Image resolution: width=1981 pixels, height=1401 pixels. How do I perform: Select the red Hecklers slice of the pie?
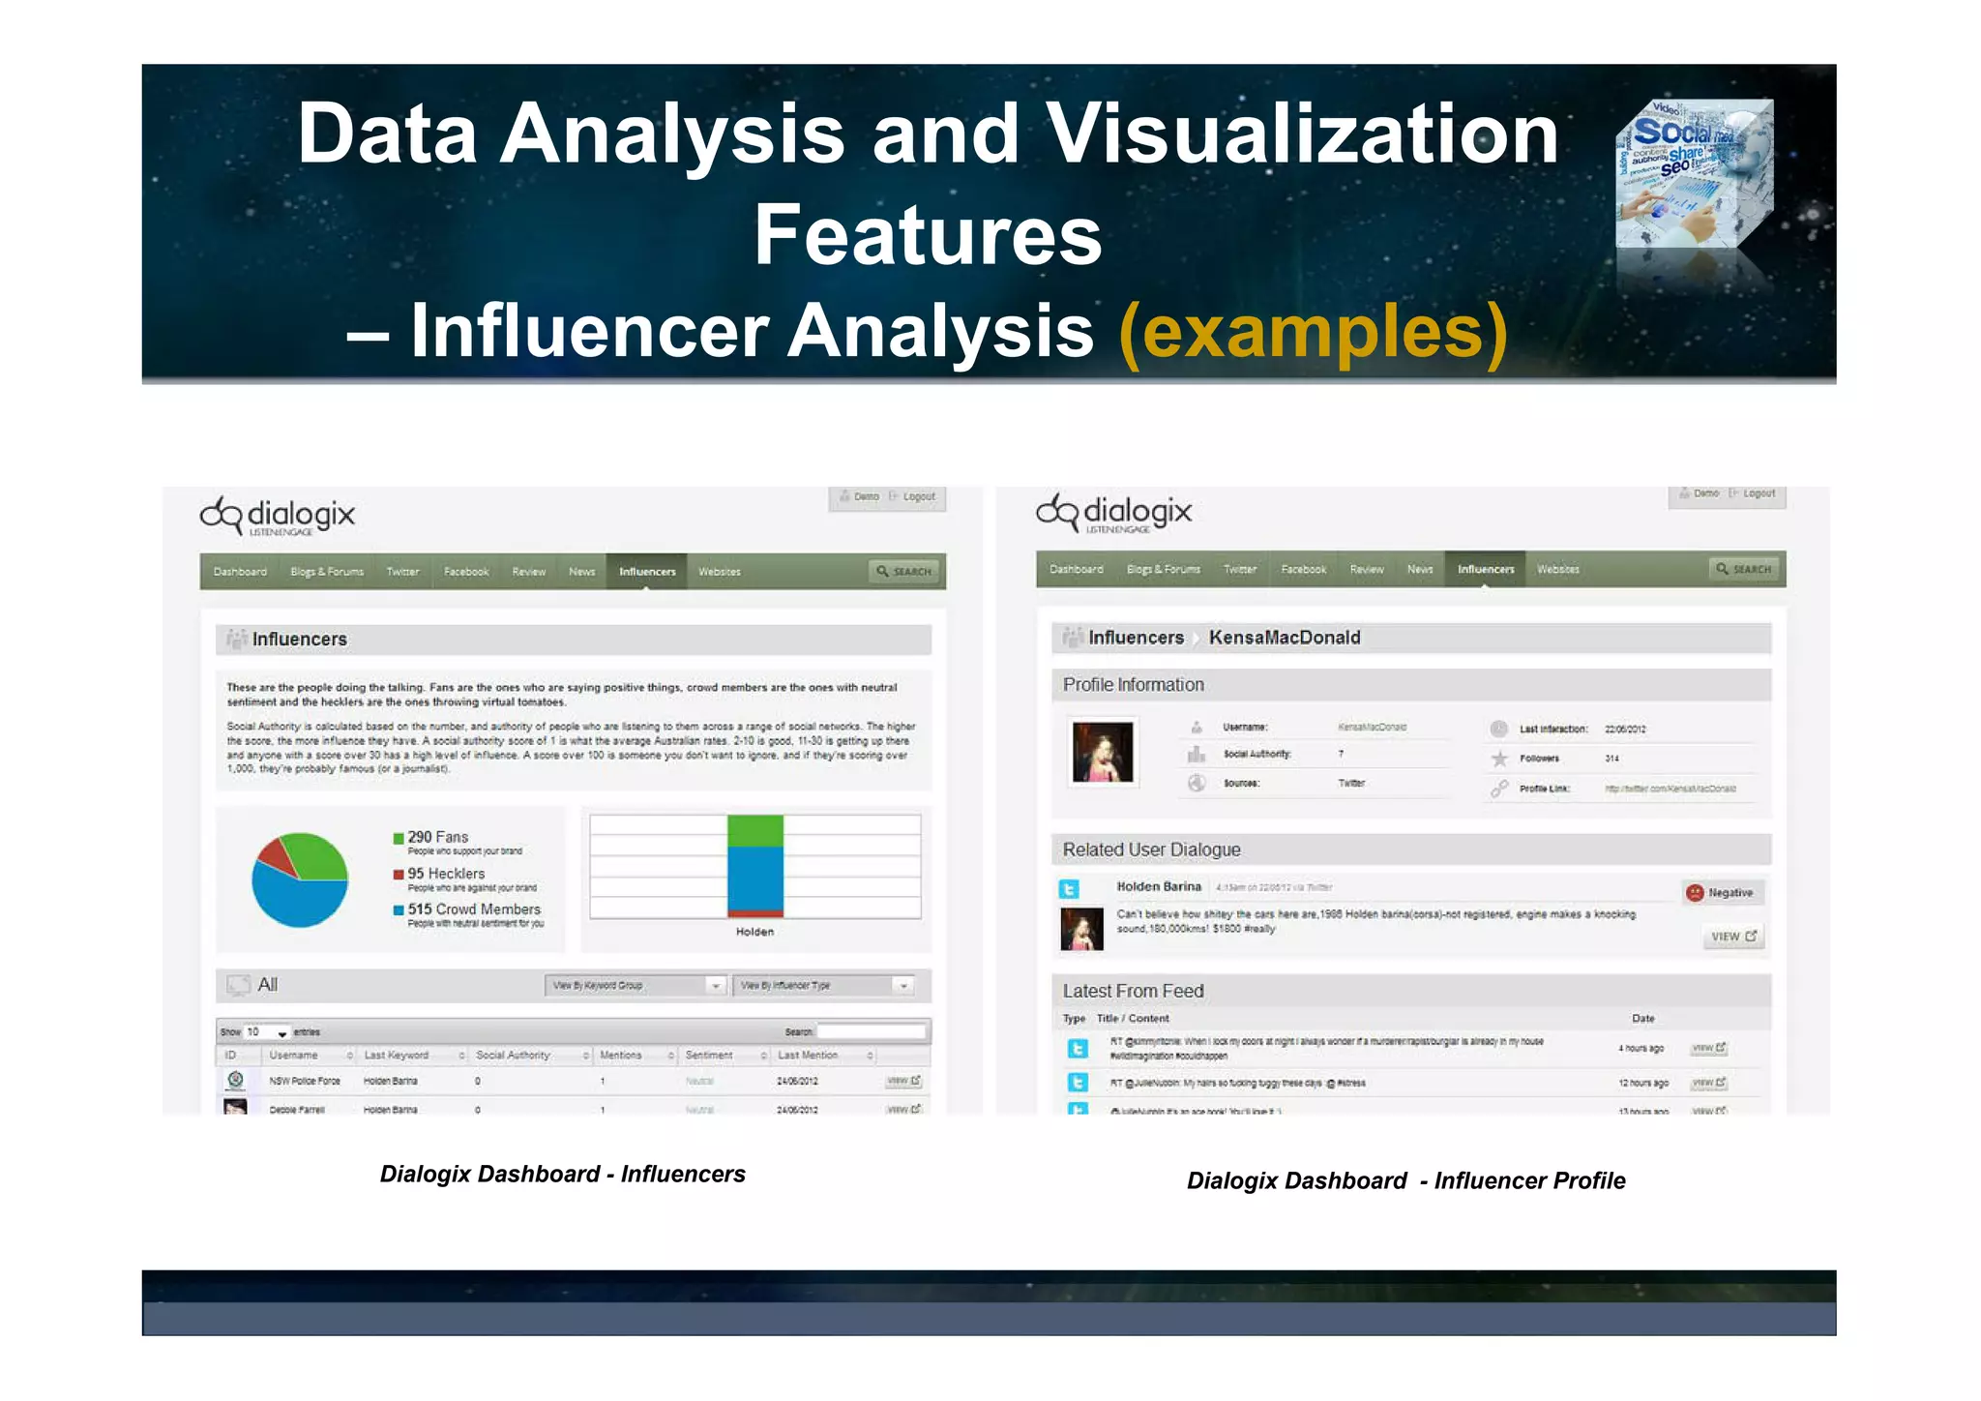[x=278, y=855]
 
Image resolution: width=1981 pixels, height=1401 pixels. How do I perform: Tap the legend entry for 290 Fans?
[x=437, y=837]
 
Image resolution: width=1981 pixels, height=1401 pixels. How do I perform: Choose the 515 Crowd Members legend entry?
[x=473, y=909]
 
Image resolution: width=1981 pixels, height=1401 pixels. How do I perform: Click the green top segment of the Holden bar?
[x=754, y=830]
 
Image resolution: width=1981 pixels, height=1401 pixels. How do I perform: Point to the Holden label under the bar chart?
[x=754, y=932]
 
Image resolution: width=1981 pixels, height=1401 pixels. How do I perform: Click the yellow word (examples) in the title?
[x=1312, y=331]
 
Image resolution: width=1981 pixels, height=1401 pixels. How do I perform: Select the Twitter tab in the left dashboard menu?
[x=402, y=572]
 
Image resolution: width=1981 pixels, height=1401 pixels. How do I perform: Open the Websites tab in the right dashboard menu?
[x=1557, y=570]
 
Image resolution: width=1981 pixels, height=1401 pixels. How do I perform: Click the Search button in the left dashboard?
[x=905, y=572]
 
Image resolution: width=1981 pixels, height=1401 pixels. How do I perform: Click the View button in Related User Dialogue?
[x=1732, y=937]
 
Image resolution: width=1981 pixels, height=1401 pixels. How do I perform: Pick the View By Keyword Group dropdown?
[x=635, y=986]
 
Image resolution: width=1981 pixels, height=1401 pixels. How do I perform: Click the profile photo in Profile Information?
[x=1102, y=752]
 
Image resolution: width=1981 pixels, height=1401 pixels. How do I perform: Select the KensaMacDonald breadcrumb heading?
[x=1284, y=638]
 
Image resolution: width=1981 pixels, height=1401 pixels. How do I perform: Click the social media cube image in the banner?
[x=1694, y=174]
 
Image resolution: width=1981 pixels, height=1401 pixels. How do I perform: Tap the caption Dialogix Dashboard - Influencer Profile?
[x=1405, y=1180]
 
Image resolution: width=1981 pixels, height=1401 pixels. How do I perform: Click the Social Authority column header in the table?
[x=514, y=1056]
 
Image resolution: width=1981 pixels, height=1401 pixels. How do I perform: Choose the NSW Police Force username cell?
[x=305, y=1081]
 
